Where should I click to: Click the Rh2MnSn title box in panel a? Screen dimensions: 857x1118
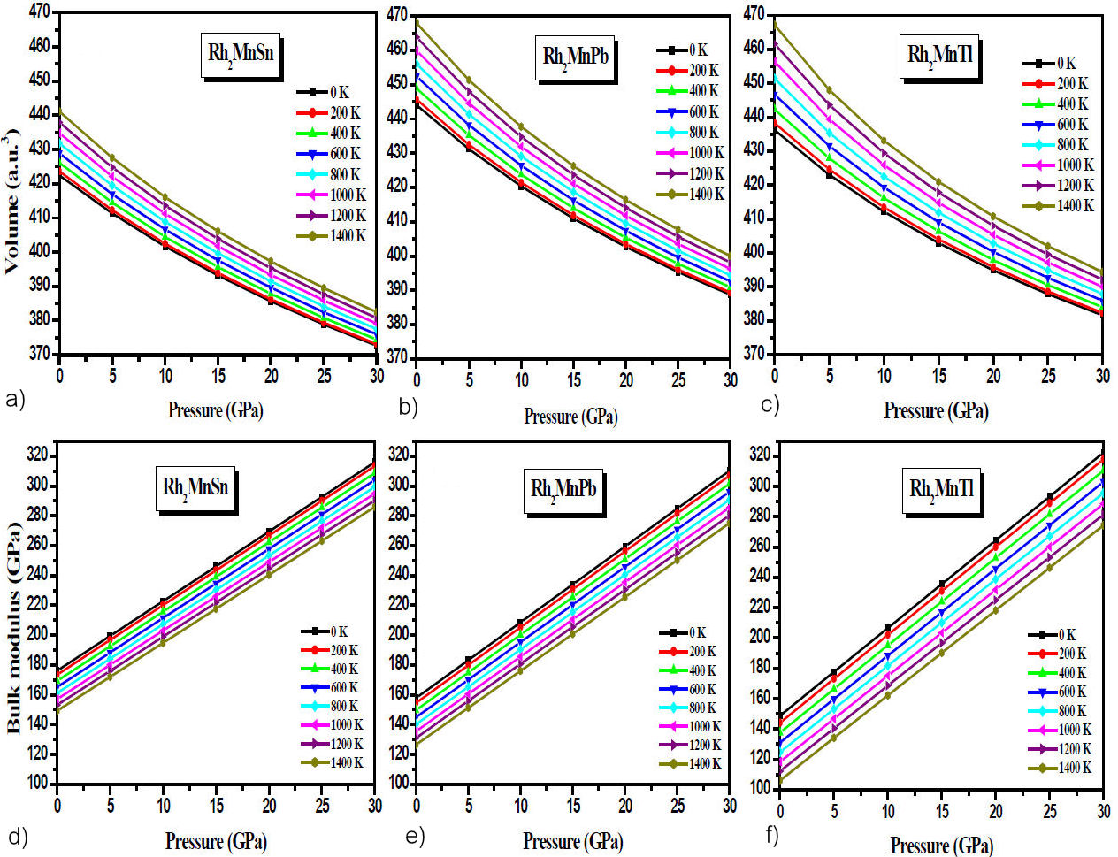coord(241,53)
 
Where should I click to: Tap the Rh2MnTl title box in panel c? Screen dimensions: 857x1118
coord(939,55)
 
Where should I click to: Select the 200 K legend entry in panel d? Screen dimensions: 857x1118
coord(330,651)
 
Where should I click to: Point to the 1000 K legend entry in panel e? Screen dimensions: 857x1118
coord(691,726)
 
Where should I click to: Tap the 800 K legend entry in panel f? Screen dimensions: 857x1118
coord(1060,711)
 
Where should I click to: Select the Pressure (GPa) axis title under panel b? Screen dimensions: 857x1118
coord(570,416)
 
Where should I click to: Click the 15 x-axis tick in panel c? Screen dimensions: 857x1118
coord(938,374)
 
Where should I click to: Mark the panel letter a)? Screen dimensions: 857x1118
coord(15,401)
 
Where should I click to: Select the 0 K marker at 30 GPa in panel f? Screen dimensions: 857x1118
coord(1103,456)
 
